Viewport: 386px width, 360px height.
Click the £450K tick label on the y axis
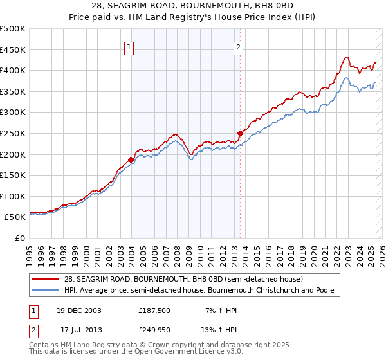[x=13, y=50]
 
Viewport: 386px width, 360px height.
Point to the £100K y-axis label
[x=13, y=196]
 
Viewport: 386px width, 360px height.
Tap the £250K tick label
[x=13, y=133]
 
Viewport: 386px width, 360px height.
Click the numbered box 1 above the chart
[x=130, y=46]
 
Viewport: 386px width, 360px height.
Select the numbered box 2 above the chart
[x=239, y=46]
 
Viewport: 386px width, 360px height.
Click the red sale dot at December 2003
[x=131, y=159]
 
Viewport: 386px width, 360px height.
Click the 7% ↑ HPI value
[x=221, y=310]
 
